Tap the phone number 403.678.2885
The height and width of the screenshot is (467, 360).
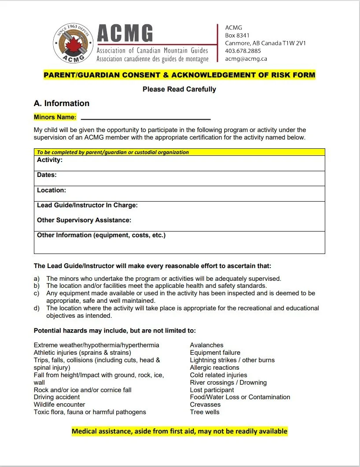pos(243,51)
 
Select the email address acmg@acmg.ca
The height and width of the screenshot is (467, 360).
pos(246,59)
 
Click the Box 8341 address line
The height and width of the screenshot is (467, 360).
pos(237,35)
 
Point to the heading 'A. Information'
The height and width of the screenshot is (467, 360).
pos(61,103)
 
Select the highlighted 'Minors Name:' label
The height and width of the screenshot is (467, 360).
pos(55,117)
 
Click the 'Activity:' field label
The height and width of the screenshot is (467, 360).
pos(50,160)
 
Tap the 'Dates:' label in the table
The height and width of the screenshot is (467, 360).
pos(47,175)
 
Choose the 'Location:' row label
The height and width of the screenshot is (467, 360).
pos(51,190)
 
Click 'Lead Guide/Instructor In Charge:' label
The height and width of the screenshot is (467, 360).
pos(87,205)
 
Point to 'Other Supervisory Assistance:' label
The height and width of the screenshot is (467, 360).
pos(84,220)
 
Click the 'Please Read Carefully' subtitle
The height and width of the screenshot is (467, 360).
pos(179,89)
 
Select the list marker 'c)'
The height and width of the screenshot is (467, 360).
pos(37,293)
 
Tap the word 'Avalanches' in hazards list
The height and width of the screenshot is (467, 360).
pos(206,345)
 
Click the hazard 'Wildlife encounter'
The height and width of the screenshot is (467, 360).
pos(59,404)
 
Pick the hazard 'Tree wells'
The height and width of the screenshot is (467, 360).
pos(205,412)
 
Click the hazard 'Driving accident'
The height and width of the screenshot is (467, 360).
pos(57,397)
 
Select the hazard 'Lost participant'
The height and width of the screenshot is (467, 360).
pos(212,390)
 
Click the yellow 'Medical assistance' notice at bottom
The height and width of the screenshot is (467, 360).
pos(180,431)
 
